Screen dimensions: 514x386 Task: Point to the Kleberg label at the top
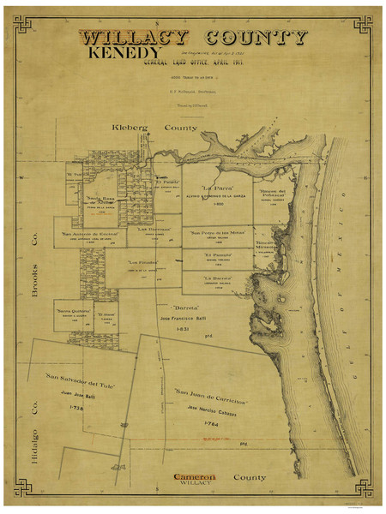[130, 128]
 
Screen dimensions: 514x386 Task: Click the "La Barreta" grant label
[218, 278]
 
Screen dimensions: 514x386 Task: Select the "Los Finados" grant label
[143, 262]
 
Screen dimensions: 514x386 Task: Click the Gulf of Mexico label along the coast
[353, 257]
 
